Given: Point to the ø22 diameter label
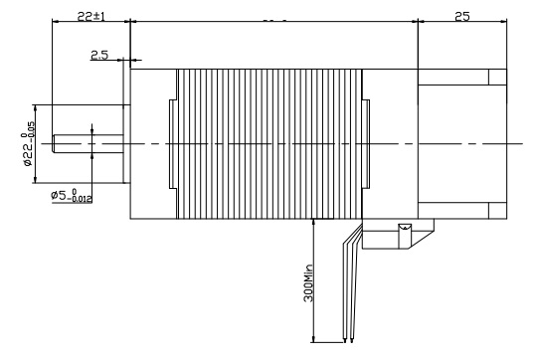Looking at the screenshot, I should point(29,143).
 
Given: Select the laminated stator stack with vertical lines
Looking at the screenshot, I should point(268,144).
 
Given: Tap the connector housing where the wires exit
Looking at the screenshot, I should point(398,235).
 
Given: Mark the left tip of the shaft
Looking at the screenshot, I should point(53,144).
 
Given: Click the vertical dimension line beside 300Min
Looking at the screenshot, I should point(314,280).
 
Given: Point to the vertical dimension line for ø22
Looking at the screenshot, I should point(37,144).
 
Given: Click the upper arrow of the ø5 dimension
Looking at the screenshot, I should point(91,130).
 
